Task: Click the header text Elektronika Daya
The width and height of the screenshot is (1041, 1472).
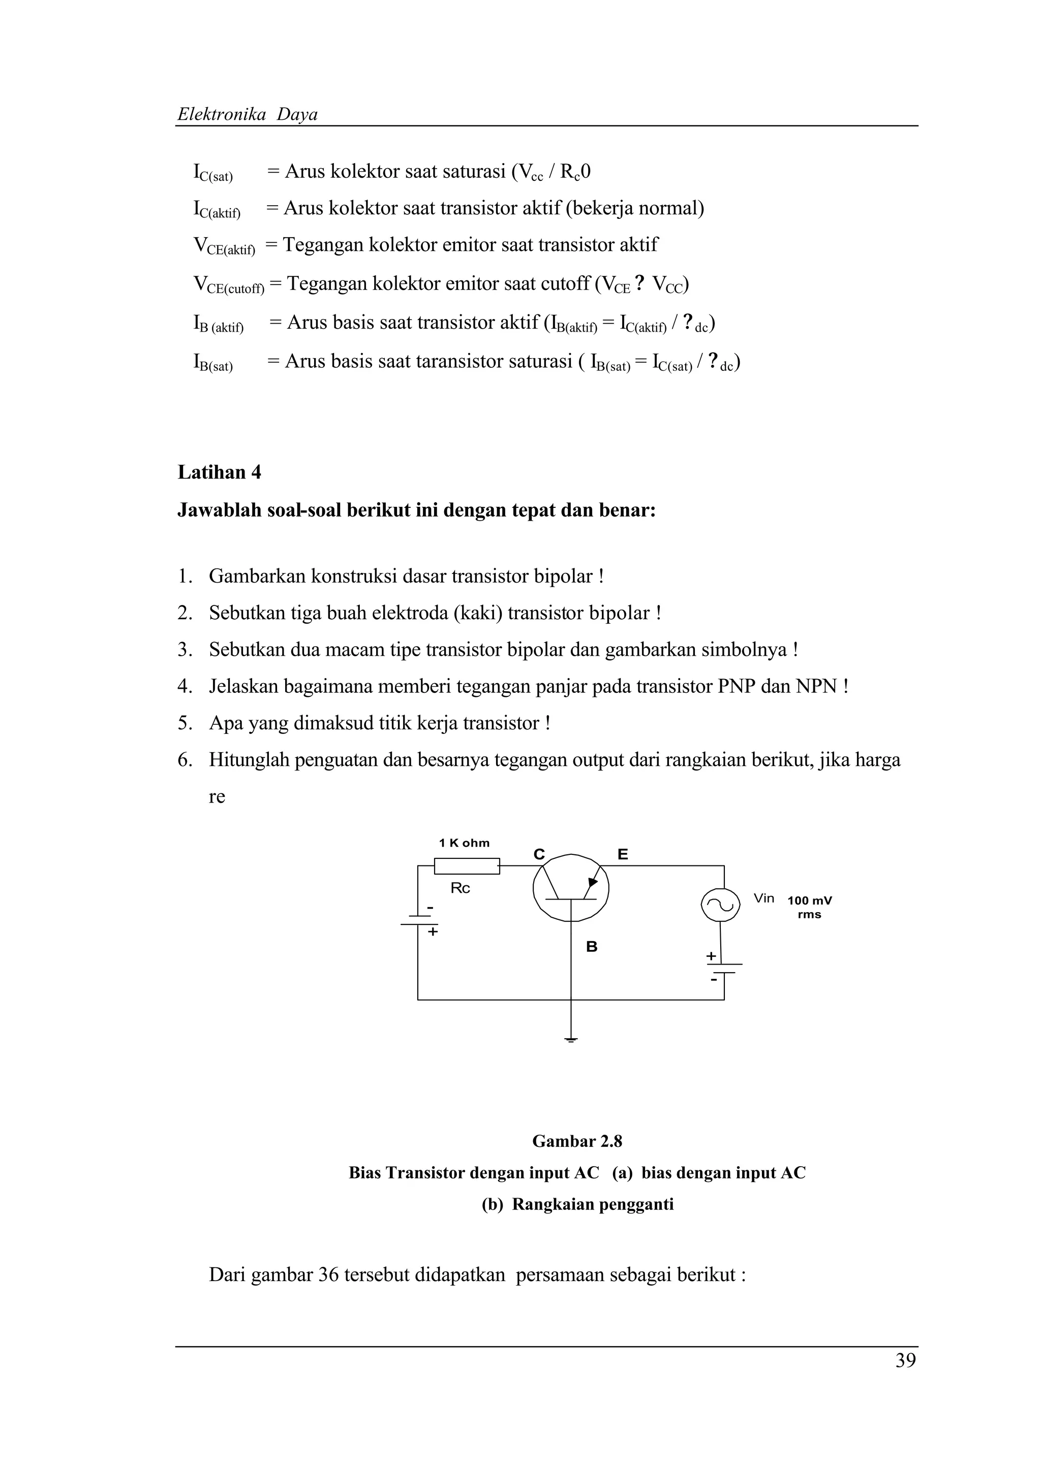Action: coord(247,115)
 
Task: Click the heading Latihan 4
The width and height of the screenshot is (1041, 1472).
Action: coord(220,472)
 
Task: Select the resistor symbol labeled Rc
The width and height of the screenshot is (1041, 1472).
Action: coord(467,866)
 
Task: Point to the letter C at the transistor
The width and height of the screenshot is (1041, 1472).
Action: coord(539,855)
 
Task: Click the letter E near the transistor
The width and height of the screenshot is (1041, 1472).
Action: coord(622,855)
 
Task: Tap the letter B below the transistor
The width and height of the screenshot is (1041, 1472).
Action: coord(591,947)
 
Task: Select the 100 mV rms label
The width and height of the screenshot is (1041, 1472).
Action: coord(809,907)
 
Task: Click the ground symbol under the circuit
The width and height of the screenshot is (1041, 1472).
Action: coord(571,1039)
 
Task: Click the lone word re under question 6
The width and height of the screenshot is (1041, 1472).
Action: coord(217,797)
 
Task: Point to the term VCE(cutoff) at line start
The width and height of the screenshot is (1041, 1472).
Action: coord(228,284)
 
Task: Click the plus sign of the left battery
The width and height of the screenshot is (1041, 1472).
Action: coord(433,932)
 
